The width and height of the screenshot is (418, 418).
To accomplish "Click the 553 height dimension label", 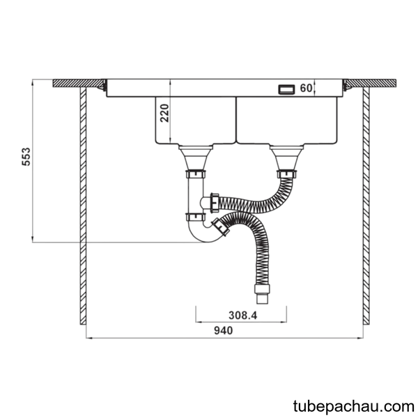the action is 26,157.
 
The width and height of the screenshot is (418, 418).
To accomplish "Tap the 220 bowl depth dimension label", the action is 164,113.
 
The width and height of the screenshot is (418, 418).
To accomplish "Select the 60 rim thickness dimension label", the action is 306,88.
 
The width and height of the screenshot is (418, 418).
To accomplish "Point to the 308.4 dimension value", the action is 242,316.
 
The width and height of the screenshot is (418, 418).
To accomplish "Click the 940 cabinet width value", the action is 224,330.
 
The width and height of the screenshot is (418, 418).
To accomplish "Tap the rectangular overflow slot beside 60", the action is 286,89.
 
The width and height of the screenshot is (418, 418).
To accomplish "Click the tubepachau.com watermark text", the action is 353,407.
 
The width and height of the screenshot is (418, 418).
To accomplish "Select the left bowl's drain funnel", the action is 196,157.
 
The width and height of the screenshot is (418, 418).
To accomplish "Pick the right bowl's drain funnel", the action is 286,157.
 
